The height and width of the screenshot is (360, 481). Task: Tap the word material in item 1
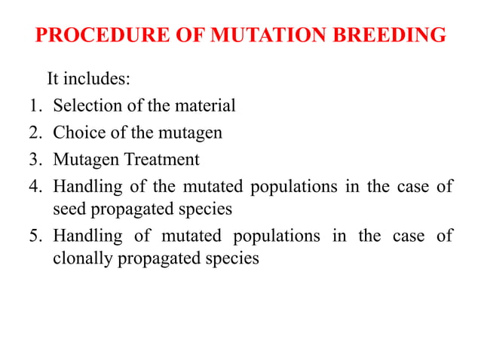click(x=206, y=106)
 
